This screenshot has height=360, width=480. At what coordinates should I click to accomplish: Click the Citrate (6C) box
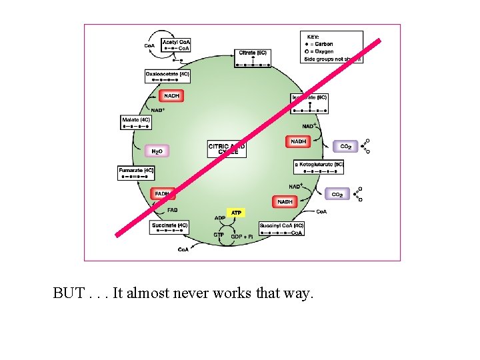click(x=253, y=58)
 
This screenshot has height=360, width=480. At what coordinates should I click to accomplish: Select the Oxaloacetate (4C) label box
click(x=168, y=76)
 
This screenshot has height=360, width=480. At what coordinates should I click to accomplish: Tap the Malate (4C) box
click(x=137, y=122)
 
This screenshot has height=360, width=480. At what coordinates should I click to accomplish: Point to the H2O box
click(x=157, y=152)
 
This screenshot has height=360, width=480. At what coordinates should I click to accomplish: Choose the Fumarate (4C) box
click(x=137, y=173)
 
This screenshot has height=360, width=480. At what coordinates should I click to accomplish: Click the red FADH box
click(x=163, y=194)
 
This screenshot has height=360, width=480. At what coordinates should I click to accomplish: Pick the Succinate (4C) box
click(x=170, y=228)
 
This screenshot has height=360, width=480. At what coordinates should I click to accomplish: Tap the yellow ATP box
click(x=236, y=213)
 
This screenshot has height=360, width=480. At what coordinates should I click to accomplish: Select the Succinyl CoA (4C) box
click(x=281, y=228)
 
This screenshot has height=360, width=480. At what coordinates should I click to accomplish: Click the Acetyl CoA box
click(x=176, y=45)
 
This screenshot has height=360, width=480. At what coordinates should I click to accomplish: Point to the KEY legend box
click(x=332, y=47)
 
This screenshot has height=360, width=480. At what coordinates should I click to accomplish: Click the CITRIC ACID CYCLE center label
click(x=227, y=149)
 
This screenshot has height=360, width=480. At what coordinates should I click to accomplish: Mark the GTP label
click(x=219, y=235)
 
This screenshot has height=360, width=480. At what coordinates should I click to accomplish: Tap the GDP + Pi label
click(x=242, y=237)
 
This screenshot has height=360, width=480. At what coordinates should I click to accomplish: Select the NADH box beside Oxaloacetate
click(x=171, y=96)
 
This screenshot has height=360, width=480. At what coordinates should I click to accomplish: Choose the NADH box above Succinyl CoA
click(x=285, y=201)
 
